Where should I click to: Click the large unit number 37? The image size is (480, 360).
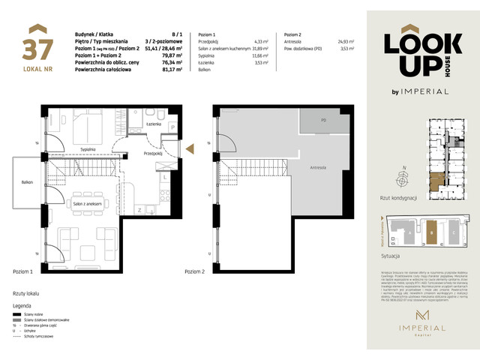tap(42, 48)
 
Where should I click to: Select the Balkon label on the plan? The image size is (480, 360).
tap(27, 182)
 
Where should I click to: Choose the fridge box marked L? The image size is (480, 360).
tap(164, 178)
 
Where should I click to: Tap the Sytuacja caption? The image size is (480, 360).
tap(393, 256)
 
